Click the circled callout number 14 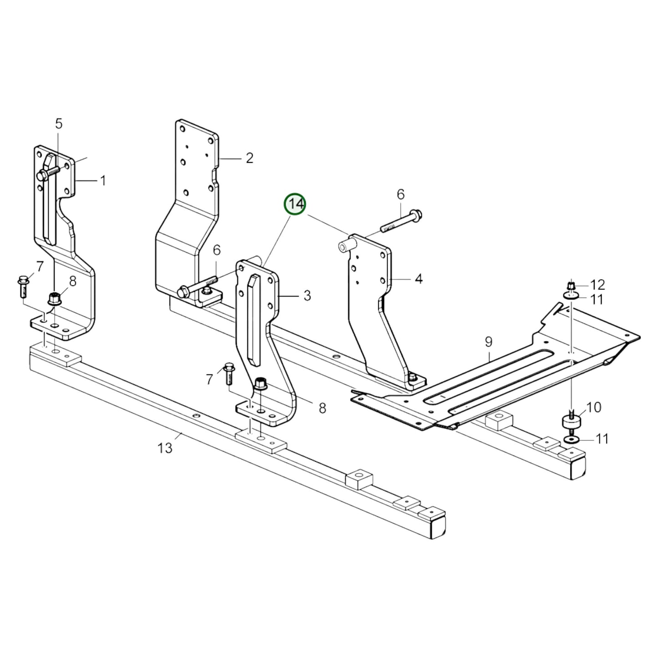tap(295, 205)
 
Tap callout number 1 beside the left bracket tap(103, 181)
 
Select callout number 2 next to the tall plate tap(249, 158)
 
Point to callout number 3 tap(307, 296)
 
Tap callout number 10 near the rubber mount tap(594, 407)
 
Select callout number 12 tap(597, 285)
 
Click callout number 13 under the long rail tap(165, 448)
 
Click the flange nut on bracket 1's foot tap(53, 300)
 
